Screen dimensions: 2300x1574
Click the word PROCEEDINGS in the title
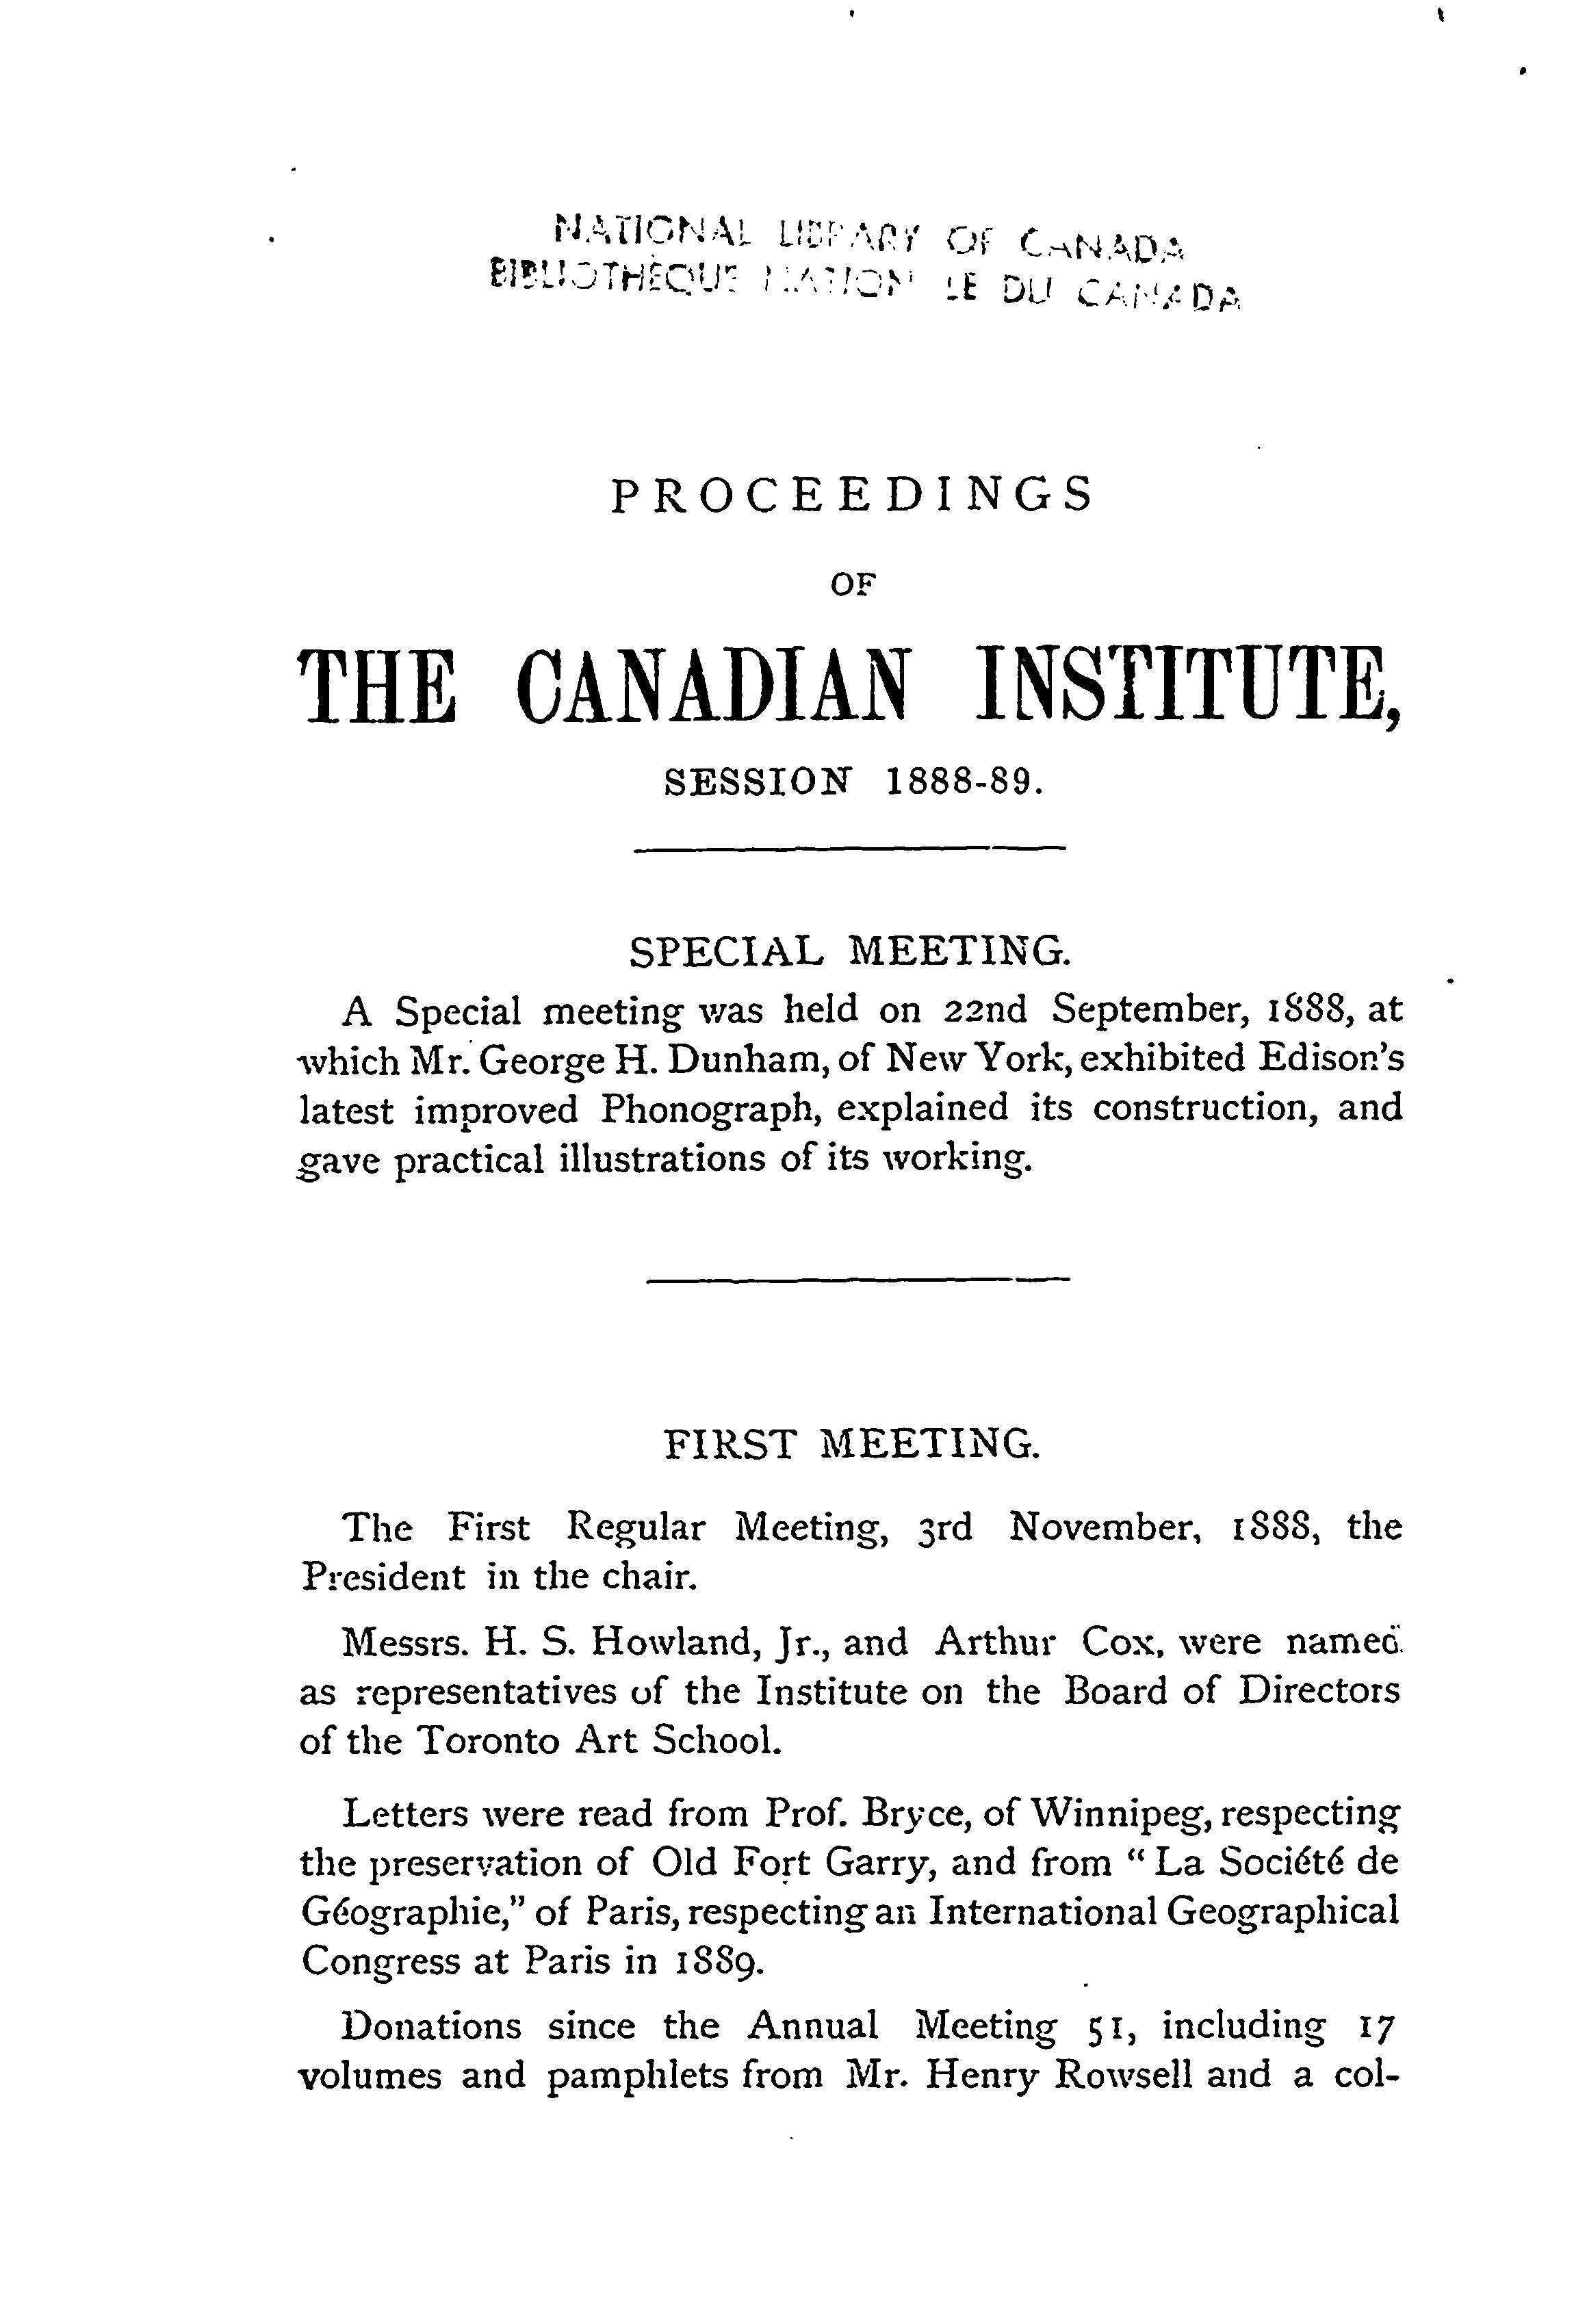click(x=851, y=495)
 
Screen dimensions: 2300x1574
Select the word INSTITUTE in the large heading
click(x=1183, y=686)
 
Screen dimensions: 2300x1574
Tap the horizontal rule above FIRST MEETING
click(x=857, y=1282)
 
